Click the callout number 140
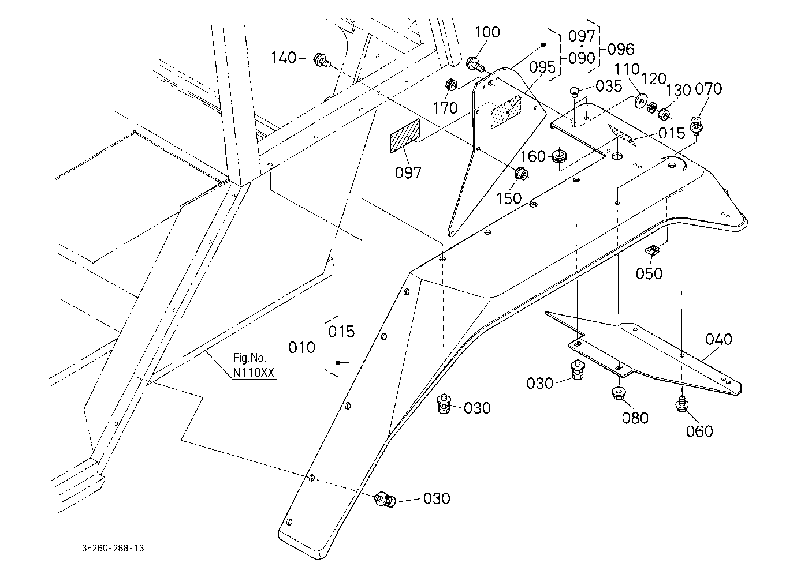284,58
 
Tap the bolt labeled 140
322,61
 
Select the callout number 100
487,32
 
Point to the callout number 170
445,108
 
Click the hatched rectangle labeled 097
405,137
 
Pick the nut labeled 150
522,174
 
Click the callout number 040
718,339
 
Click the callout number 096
621,50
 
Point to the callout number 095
542,67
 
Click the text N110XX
254,373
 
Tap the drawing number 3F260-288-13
113,548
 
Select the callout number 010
301,347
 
